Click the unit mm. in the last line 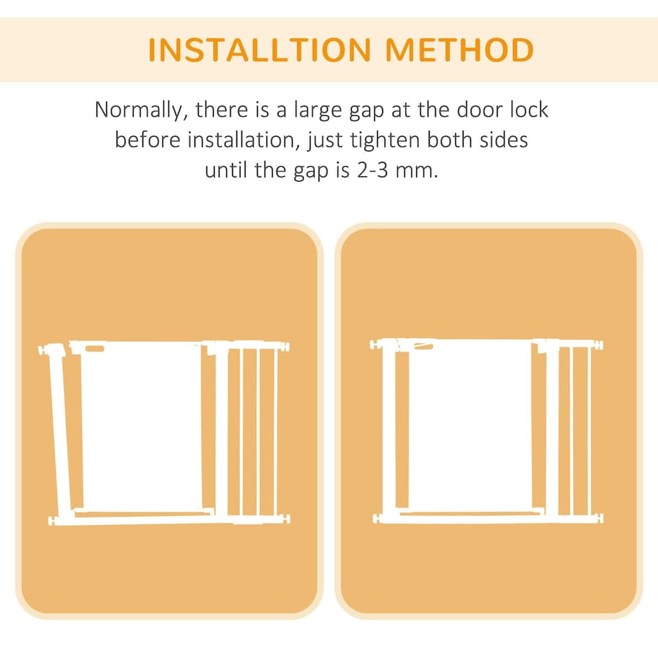[x=417, y=170]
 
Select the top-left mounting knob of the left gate [x=43, y=351]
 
